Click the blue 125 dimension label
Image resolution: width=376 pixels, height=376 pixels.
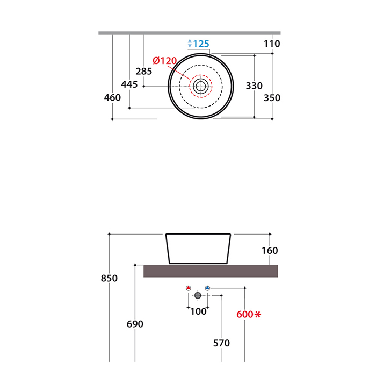coord(201,44)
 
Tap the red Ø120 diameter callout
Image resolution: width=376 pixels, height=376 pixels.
coord(165,61)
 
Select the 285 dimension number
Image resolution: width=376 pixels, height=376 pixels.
coord(144,72)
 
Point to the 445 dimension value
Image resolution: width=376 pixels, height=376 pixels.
coord(129,84)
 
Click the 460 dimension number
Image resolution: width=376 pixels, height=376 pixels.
coord(112,98)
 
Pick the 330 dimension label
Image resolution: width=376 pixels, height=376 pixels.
coord(254,86)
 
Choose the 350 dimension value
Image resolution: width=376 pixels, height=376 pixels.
coord(272,98)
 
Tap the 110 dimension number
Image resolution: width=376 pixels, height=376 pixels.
coord(272,44)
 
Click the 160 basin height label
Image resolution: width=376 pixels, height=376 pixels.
coord(270,251)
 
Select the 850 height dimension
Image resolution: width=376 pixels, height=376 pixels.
coord(109,278)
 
